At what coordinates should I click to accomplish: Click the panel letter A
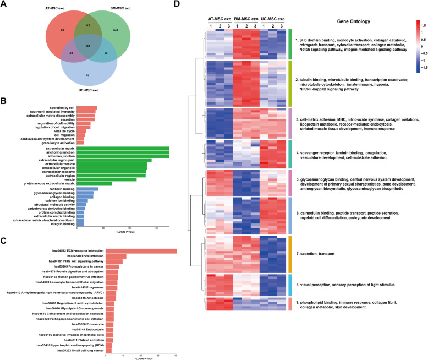(x=5, y=5)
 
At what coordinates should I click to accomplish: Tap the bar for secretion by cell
(x=86, y=123)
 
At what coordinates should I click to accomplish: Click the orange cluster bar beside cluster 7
(x=289, y=253)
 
